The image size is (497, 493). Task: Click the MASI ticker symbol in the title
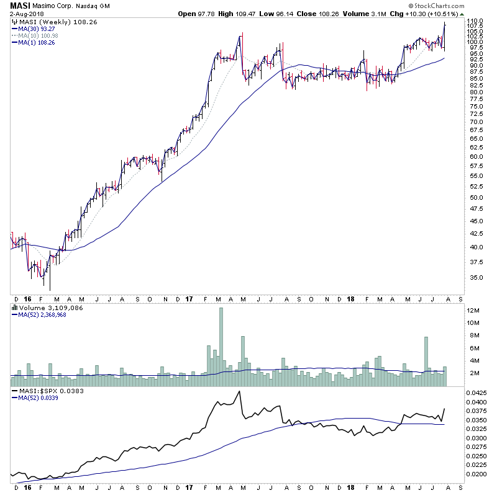click(x=21, y=6)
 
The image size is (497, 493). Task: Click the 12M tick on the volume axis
click(x=473, y=310)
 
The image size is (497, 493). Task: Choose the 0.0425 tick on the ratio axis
click(x=478, y=393)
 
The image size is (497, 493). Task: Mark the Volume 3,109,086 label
click(x=43, y=307)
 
